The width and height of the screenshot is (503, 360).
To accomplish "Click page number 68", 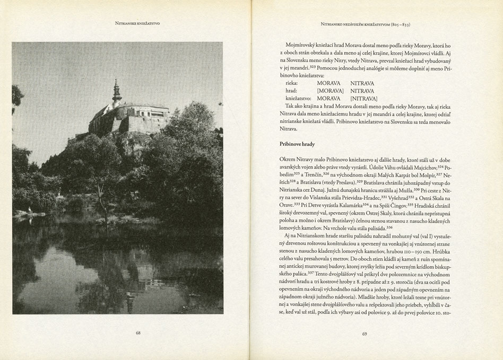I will [138, 333].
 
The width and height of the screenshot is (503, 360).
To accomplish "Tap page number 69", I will [365, 333].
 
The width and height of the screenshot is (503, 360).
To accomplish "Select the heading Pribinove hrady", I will [297, 144].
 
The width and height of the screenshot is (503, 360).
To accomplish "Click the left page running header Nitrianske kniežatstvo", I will [137, 23].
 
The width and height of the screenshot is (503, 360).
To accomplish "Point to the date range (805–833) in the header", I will [398, 24].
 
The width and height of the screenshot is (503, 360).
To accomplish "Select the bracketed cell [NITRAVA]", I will [363, 99].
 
